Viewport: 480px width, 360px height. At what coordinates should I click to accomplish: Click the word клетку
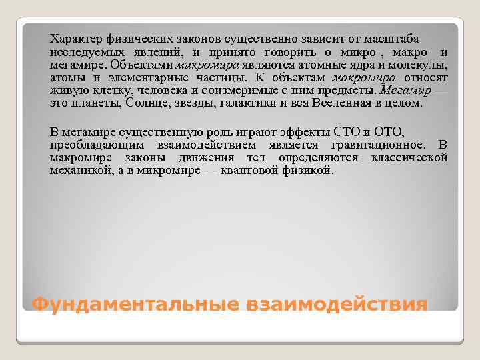(97, 91)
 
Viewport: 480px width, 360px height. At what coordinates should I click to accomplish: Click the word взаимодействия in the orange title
(336, 304)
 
